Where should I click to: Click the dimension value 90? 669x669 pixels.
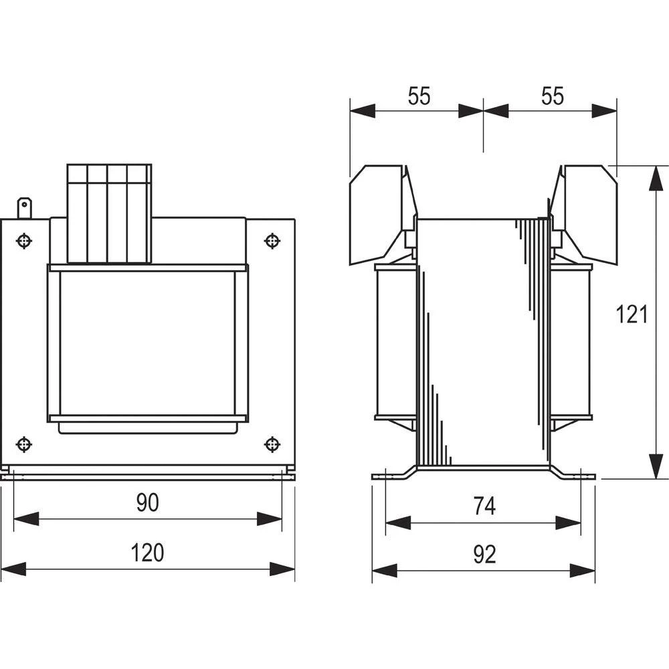[147, 502]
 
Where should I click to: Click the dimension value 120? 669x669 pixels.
[147, 553]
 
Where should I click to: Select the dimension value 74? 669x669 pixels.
[484, 506]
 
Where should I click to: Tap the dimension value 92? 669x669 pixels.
[484, 555]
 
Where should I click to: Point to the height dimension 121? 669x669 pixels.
[632, 314]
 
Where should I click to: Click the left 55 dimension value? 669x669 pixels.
[419, 96]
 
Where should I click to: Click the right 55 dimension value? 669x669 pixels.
[552, 96]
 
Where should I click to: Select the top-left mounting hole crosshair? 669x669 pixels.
[24, 240]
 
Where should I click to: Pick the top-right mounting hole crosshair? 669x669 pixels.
[272, 240]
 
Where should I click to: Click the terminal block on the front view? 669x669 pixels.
[109, 213]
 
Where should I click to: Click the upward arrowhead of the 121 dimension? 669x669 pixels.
[653, 177]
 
